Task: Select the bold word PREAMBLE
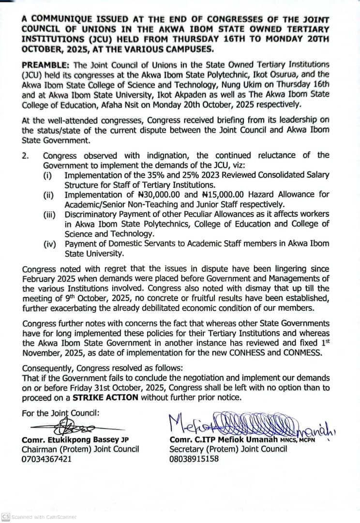coord(43,64)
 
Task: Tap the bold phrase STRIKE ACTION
coord(105,397)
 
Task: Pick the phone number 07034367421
coord(46,458)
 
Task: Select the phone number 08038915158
coord(194,458)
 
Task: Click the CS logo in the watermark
coord(6,517)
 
